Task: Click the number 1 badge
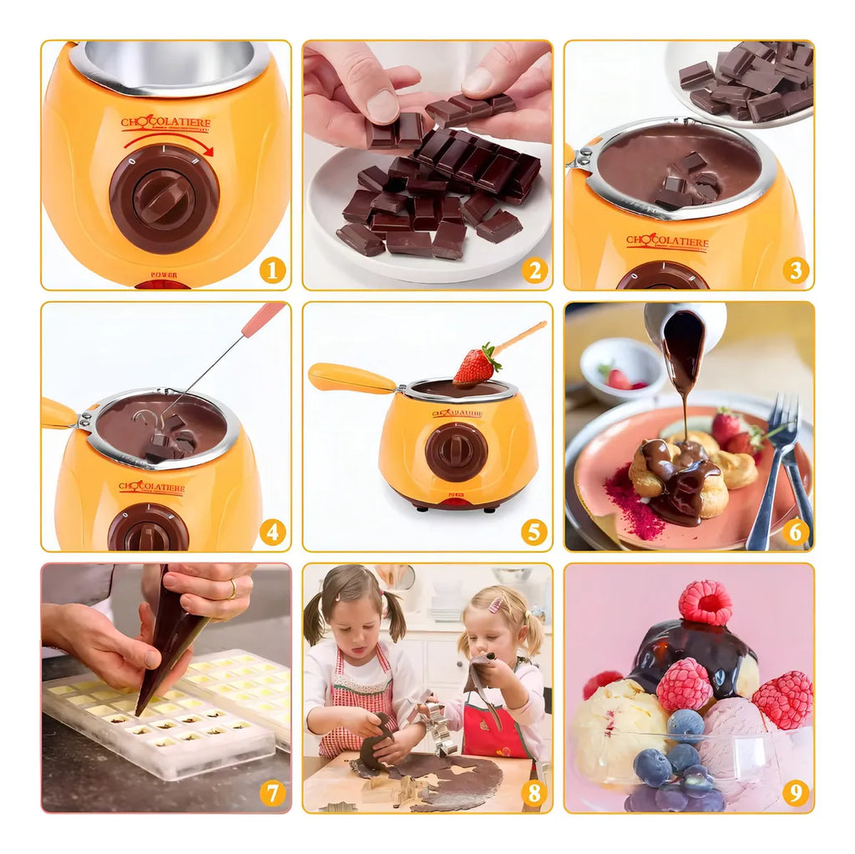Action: coord(272,270)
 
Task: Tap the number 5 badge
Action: coord(534,532)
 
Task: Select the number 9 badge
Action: coord(795,792)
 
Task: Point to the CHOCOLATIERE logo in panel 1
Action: coord(165,124)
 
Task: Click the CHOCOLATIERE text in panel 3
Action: coord(666,243)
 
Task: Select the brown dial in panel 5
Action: coord(456,452)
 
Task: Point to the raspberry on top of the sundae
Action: coord(705,602)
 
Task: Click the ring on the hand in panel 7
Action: coord(231,590)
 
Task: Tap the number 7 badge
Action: coord(272,792)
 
